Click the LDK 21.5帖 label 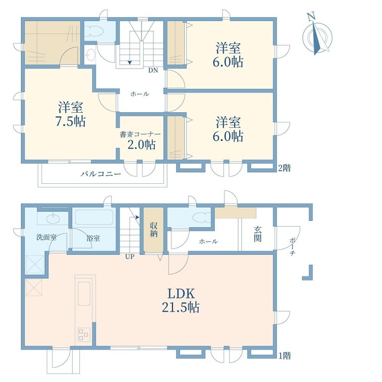pos(181,301)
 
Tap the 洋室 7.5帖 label pos(70,114)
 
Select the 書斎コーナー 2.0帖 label pos(140,140)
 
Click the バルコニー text pos(101,174)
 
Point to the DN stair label pos(153,70)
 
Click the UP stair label pos(130,257)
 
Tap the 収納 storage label pos(153,229)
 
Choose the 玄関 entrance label pos(258,234)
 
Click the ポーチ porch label pos(292,247)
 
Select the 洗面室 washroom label pos(47,238)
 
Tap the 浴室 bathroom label pos(93,238)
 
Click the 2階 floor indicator pos(285,168)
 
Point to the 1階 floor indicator pos(285,356)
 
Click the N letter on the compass pos(310,17)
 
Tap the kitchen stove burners pos(84,334)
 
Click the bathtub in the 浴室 pos(94,217)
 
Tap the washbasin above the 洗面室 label pos(53,218)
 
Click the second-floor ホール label pos(140,94)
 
